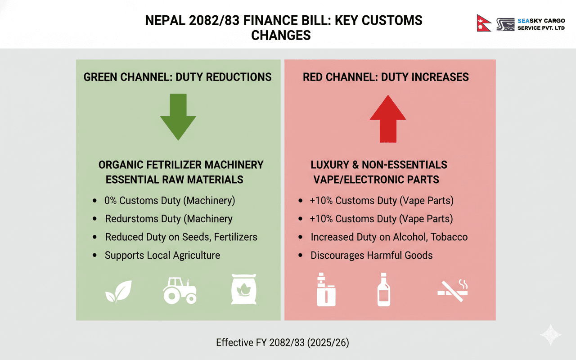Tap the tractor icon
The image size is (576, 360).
tap(179, 290)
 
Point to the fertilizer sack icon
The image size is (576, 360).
tap(243, 290)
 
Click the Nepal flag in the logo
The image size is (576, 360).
tap(484, 22)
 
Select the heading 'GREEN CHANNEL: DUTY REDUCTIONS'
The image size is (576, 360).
tap(178, 77)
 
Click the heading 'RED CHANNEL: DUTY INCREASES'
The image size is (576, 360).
tap(386, 77)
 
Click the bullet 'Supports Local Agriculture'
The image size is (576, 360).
tap(162, 255)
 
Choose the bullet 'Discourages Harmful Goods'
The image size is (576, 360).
tap(371, 255)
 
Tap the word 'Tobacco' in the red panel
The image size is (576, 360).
tap(449, 237)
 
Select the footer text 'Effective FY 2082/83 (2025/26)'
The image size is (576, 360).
tap(283, 342)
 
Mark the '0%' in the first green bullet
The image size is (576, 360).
tap(110, 200)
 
